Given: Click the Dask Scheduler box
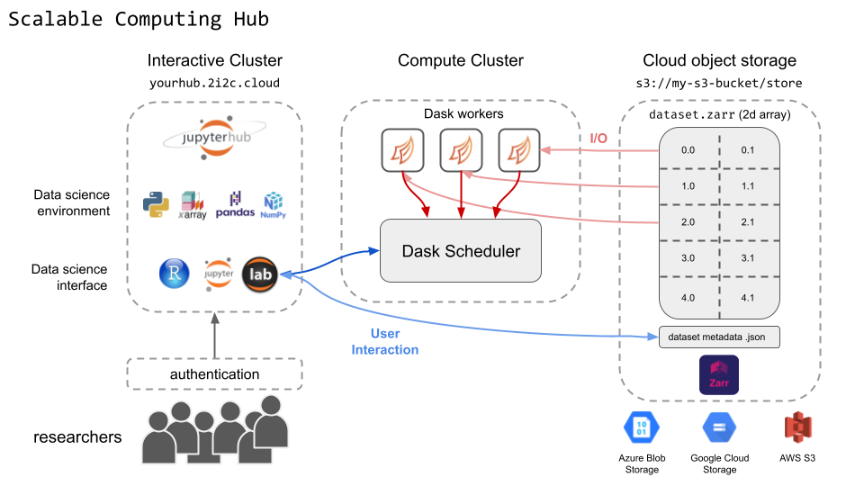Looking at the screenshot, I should (461, 251).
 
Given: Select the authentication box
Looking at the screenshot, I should (214, 373).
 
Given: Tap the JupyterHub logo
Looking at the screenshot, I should (213, 138).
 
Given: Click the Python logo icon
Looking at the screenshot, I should (157, 204).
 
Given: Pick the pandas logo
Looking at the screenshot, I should (235, 205).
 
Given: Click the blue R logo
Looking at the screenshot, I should (174, 274).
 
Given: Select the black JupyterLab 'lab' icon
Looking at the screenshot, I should (261, 274).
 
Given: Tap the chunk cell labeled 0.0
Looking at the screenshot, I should (688, 149).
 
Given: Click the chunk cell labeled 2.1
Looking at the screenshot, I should (747, 221).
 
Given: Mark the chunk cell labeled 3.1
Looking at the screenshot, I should (747, 258).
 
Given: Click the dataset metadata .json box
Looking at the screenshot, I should (718, 337).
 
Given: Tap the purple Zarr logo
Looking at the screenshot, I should (718, 375).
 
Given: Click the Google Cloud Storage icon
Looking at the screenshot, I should (719, 428).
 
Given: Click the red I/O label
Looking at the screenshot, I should (598, 138).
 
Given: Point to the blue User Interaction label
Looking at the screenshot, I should (385, 342).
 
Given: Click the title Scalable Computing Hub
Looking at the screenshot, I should (139, 19).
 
